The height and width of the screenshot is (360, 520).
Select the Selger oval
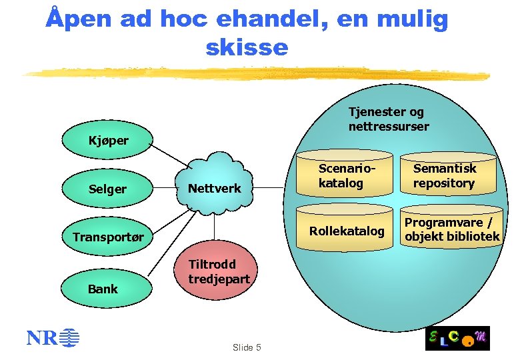point(107,189)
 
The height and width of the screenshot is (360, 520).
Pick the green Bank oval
point(103,289)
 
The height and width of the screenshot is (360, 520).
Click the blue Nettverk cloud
point(215,188)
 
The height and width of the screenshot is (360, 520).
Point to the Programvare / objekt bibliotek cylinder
point(451,229)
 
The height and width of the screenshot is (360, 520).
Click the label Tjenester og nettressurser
point(388,119)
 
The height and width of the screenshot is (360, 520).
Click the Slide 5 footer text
point(246,347)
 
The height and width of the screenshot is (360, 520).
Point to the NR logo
point(52,338)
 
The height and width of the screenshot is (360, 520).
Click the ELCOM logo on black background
point(458,339)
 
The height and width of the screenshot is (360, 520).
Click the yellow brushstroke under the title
point(253,73)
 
